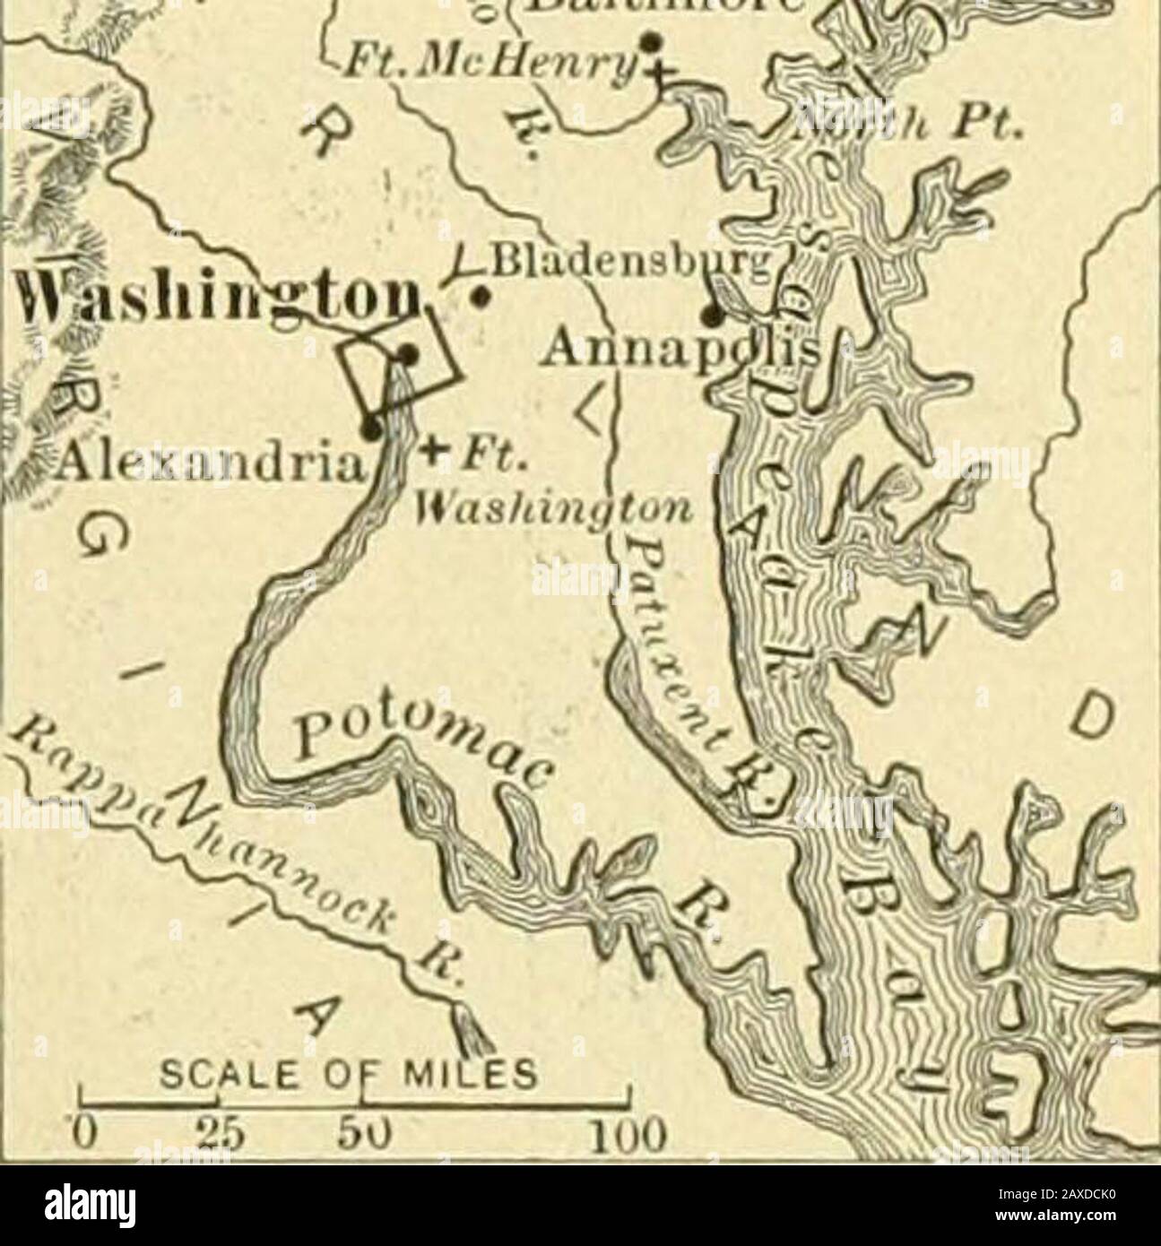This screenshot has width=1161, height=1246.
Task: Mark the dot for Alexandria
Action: coord(370,428)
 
